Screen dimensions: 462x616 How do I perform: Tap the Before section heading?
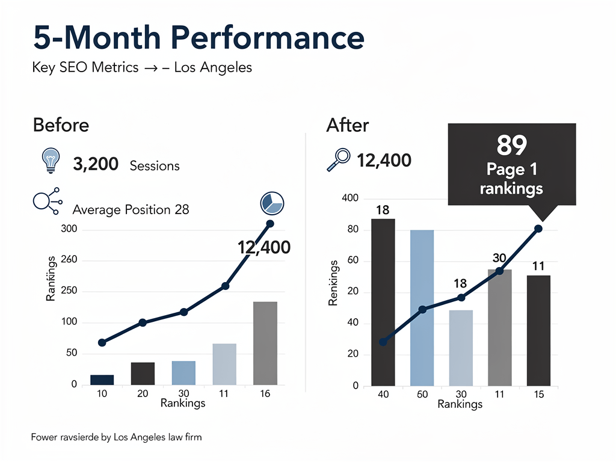coord(61,125)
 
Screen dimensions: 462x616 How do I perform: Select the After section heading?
coord(347,125)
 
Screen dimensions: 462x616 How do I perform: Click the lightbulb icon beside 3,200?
coord(50,161)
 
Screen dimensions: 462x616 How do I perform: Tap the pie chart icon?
coord(272,203)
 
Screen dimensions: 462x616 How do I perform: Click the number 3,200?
coord(95,164)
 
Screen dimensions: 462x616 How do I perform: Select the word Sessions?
coord(155,165)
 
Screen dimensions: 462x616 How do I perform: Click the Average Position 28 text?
coord(131,209)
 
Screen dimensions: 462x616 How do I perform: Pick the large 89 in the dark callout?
coord(512,145)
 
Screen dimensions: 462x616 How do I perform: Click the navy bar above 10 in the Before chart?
coord(102,379)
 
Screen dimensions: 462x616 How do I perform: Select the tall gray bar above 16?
coord(265,343)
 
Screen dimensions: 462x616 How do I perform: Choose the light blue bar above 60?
coord(422,307)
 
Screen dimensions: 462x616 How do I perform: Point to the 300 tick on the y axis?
coord(69,230)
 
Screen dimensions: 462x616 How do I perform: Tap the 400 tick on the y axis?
coord(350,199)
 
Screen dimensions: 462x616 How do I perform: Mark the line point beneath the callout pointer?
coord(538,229)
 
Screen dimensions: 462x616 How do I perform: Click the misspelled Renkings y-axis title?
coord(333,282)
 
